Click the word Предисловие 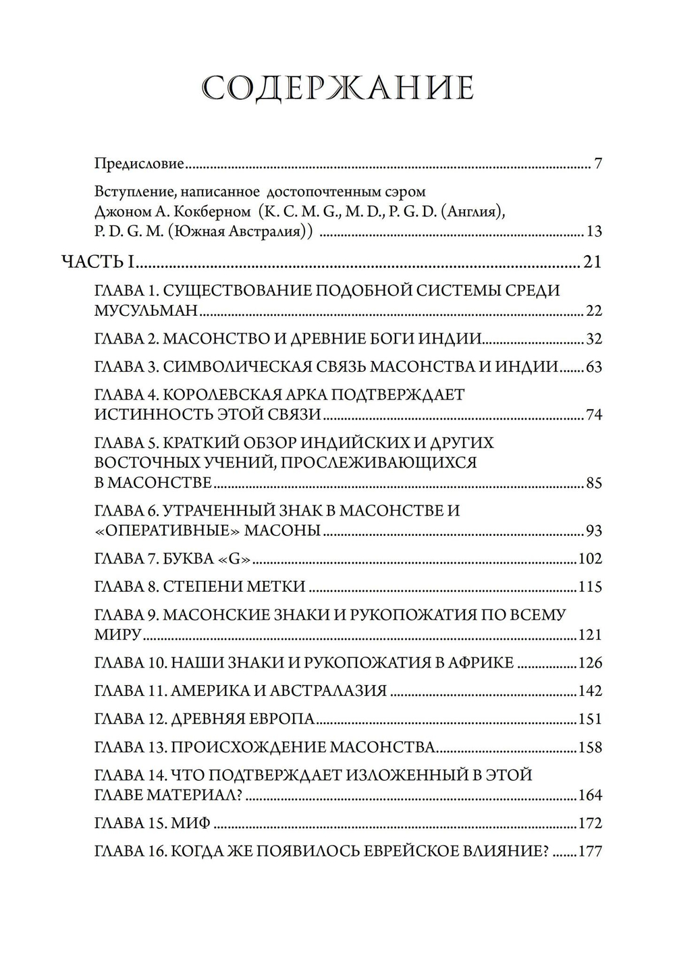[139, 164]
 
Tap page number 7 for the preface [597, 164]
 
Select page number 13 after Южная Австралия [594, 232]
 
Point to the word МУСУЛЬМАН [146, 311]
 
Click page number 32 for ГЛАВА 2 [593, 339]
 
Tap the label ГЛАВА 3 [126, 367]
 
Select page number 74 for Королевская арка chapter [593, 414]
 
